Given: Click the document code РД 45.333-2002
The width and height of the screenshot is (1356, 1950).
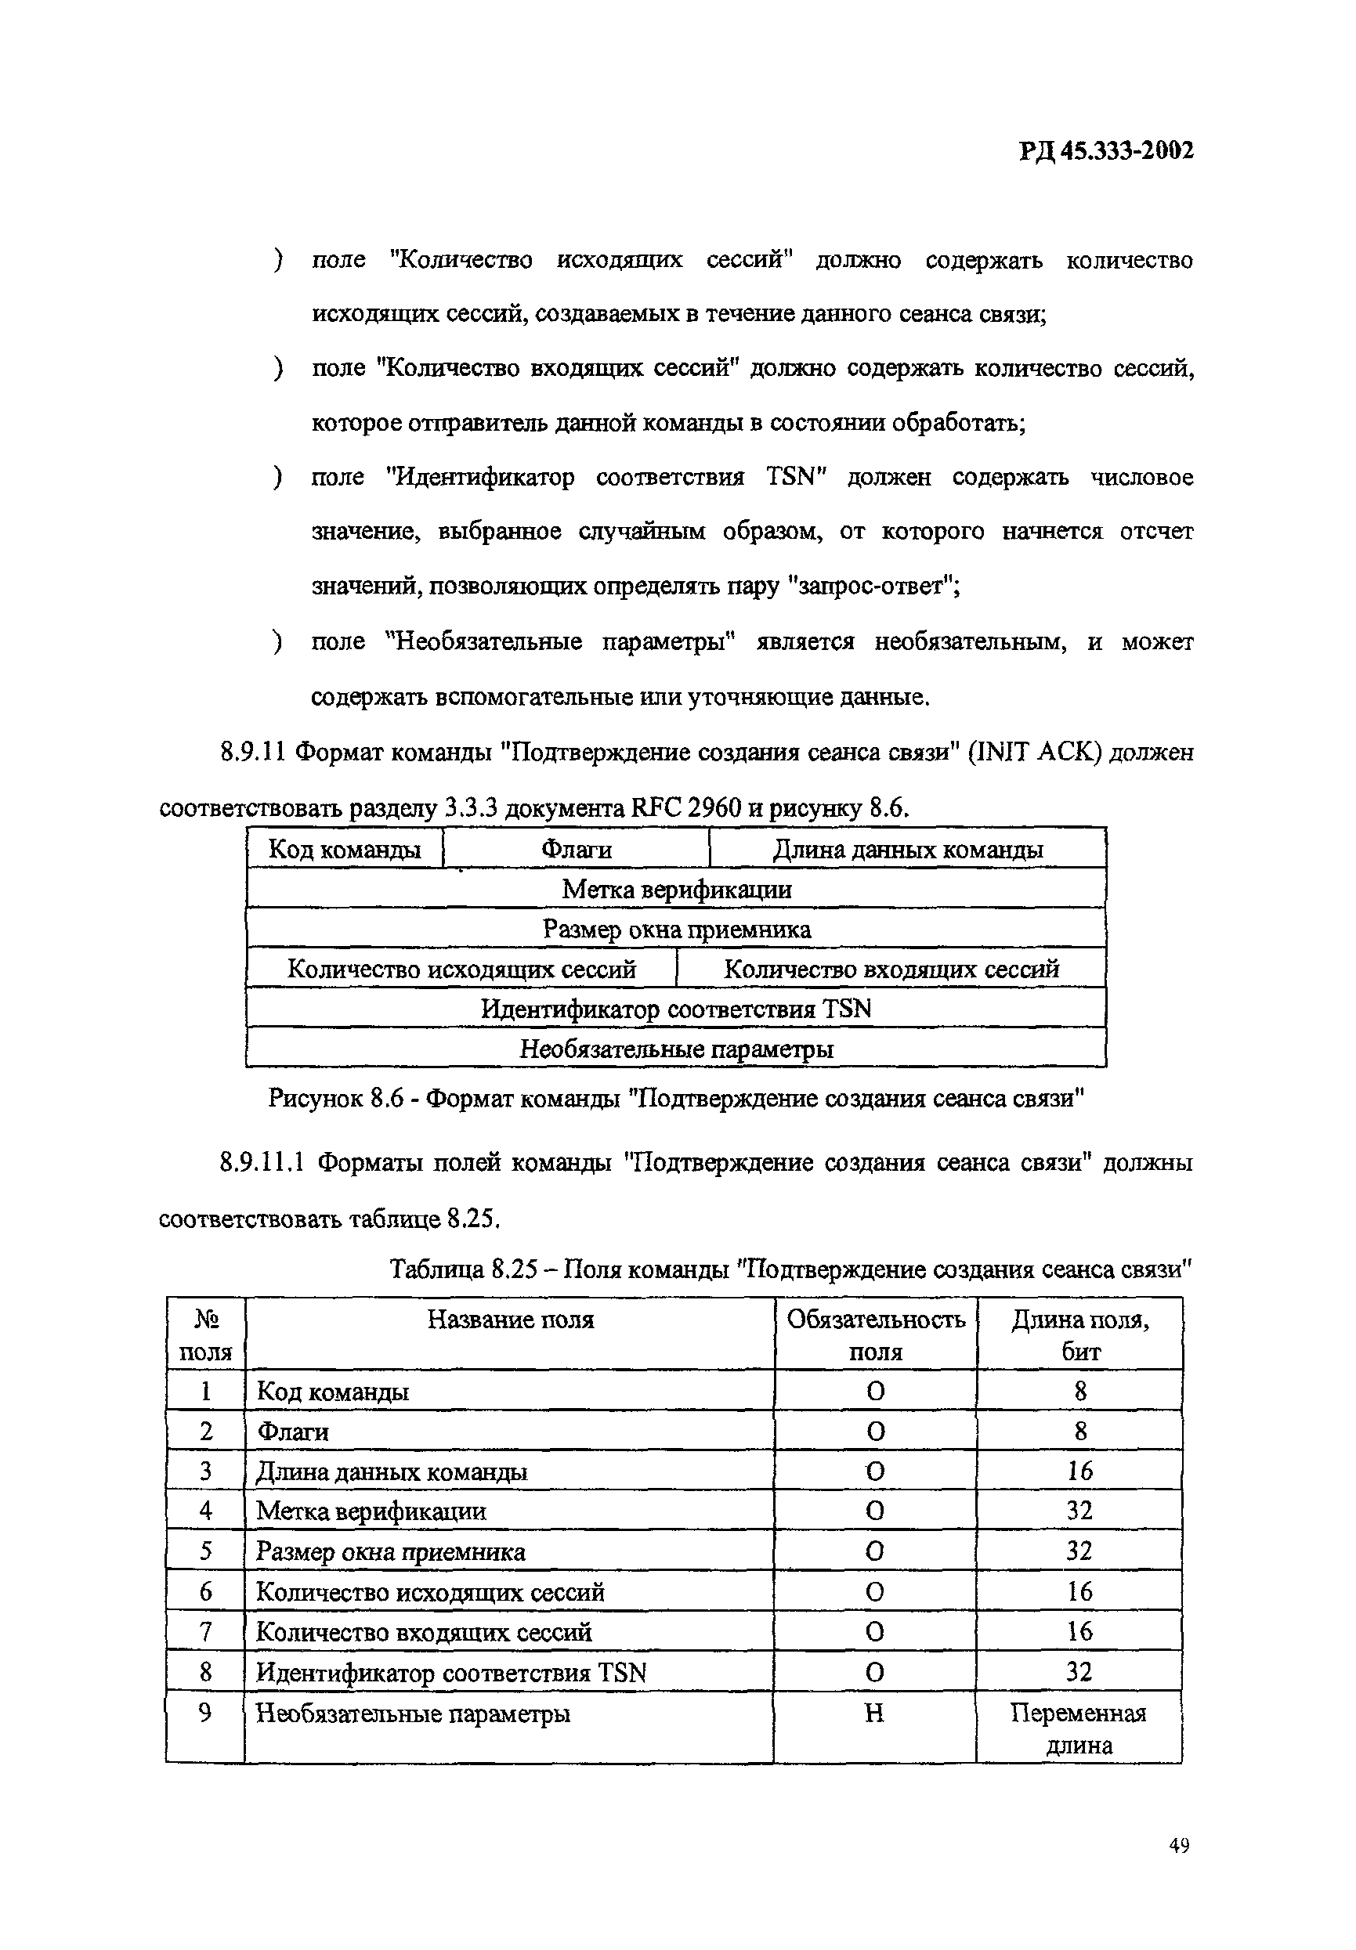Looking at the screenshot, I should point(1105,150).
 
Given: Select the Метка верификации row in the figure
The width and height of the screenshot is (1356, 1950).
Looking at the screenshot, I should point(676,889).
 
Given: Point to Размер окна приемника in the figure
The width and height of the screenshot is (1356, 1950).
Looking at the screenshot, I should point(676,929).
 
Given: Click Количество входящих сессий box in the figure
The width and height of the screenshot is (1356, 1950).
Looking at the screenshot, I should point(891,969).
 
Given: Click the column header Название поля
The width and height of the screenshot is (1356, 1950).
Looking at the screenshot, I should point(510,1319).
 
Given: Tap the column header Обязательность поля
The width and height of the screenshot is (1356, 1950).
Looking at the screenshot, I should point(875,1334).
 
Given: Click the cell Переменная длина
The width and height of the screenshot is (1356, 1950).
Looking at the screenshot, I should point(1078,1729).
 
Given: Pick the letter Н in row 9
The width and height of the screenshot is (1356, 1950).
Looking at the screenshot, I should point(874,1713).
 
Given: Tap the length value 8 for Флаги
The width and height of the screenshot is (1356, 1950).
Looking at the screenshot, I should point(1080,1431).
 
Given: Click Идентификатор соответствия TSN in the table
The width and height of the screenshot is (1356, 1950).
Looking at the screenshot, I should point(451,1673).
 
